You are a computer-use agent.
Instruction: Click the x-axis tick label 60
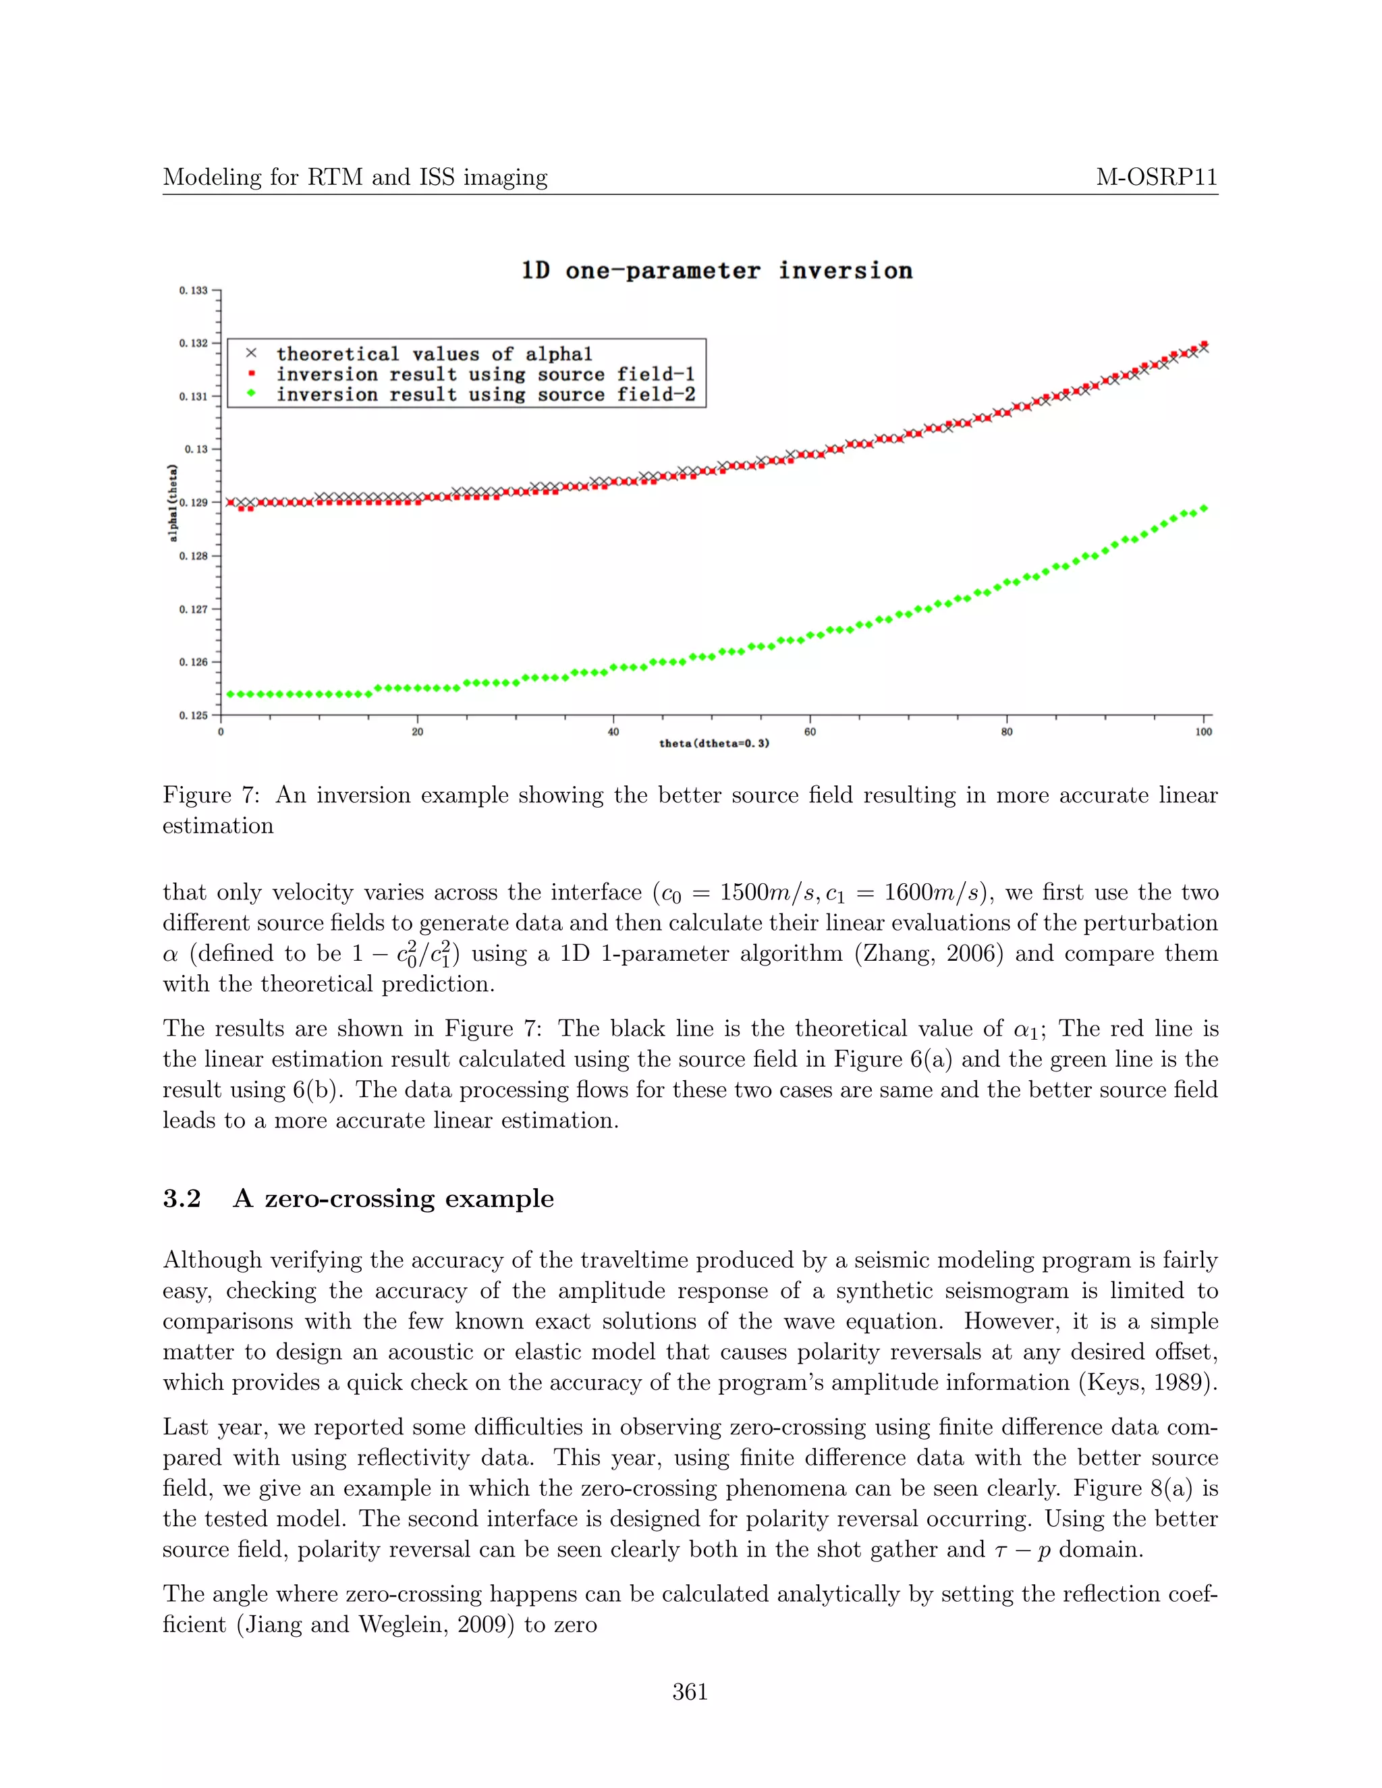click(x=810, y=732)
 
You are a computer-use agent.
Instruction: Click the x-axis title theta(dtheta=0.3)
click(x=714, y=744)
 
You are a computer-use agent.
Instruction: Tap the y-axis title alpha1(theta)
click(x=173, y=503)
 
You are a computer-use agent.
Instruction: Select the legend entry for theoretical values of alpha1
click(x=434, y=354)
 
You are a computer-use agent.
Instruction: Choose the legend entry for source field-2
click(x=485, y=395)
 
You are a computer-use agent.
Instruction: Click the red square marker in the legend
click(x=251, y=374)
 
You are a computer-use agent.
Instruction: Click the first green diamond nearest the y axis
click(x=231, y=694)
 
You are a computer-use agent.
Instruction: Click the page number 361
click(x=690, y=1692)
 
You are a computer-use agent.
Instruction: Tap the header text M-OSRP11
click(x=1156, y=177)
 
